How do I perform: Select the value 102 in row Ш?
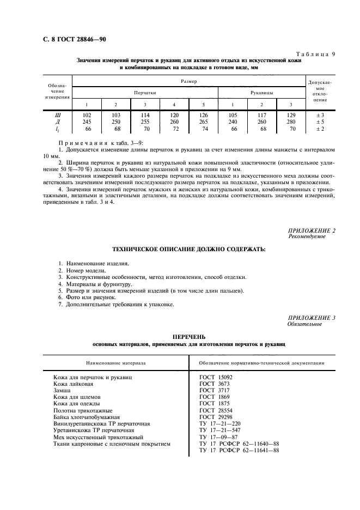pos(86,115)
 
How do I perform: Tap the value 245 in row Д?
pos(86,122)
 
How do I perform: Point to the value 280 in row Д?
pos(290,122)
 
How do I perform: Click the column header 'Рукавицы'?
pos(261,93)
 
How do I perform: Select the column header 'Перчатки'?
pos(145,93)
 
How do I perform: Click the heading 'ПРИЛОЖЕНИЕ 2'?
pos(312,231)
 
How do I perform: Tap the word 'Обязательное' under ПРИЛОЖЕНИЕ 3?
pos(304,324)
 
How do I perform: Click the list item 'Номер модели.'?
pos(83,270)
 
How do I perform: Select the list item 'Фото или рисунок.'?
pos(88,297)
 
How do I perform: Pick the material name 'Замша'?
pos(62,391)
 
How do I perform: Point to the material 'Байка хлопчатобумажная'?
pos(86,417)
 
